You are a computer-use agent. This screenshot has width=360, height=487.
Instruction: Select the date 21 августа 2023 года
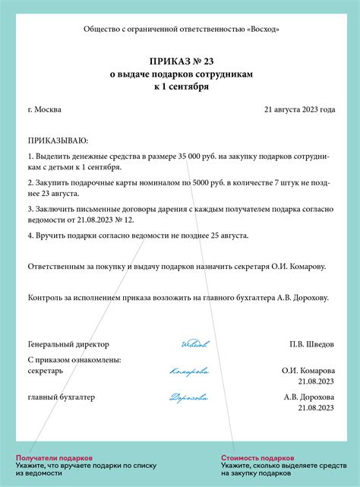click(x=299, y=109)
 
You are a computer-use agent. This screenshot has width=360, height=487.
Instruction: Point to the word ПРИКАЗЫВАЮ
click(x=58, y=141)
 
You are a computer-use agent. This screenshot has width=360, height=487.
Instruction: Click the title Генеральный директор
click(x=68, y=344)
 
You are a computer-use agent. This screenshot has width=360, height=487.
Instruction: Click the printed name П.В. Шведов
click(x=311, y=344)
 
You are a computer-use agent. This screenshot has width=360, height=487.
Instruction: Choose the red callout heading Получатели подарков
click(x=54, y=458)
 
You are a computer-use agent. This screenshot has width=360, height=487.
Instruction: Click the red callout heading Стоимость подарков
click(x=257, y=458)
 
